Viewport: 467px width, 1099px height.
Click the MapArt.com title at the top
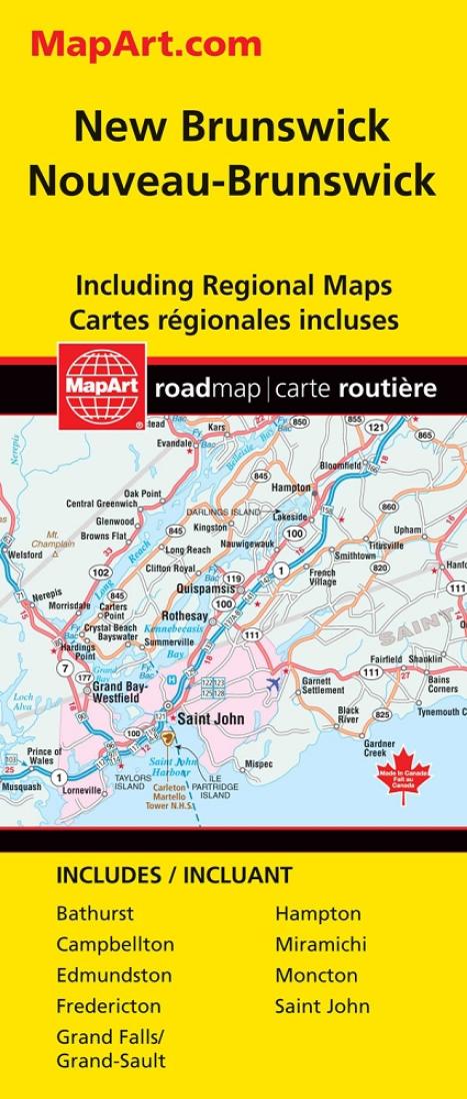pos(146,44)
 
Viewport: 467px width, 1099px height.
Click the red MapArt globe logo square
pos(101,386)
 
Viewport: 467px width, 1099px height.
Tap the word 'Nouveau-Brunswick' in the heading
pos(232,181)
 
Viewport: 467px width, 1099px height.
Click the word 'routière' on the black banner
pos(387,388)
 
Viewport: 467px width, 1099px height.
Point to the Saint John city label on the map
pos(211,718)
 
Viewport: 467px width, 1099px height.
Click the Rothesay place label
pos(185,616)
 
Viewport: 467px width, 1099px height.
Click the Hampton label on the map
pos(290,487)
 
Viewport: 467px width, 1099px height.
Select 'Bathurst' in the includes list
pos(95,913)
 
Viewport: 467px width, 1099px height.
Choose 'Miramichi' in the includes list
pos(321,944)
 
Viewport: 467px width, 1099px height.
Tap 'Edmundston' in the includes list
pos(114,975)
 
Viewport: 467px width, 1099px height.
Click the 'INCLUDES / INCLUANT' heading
pos(174,875)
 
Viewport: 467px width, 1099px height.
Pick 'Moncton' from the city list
pos(316,975)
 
